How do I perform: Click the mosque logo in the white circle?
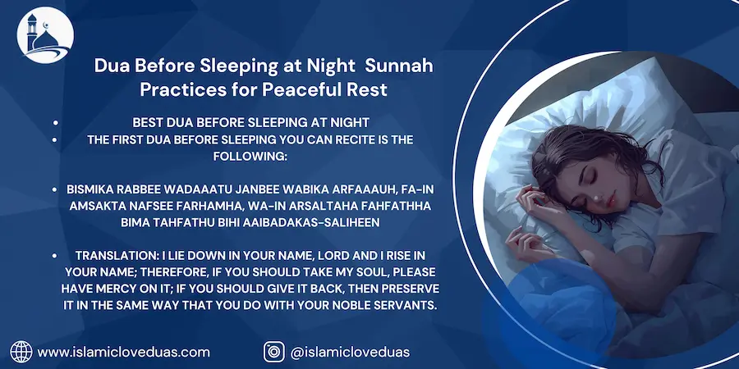pyautogui.click(x=45, y=34)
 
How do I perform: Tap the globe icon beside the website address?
pyautogui.click(x=21, y=352)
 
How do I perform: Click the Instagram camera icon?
pyautogui.click(x=273, y=352)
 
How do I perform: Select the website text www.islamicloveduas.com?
pyautogui.click(x=123, y=352)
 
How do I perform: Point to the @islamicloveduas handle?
pyautogui.click(x=350, y=352)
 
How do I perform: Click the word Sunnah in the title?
pyautogui.click(x=399, y=66)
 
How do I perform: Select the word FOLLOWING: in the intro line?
pyautogui.click(x=250, y=157)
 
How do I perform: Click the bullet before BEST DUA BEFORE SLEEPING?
pyautogui.click(x=56, y=123)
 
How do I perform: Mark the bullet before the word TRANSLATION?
pyautogui.click(x=56, y=256)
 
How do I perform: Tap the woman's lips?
pyautogui.click(x=611, y=202)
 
